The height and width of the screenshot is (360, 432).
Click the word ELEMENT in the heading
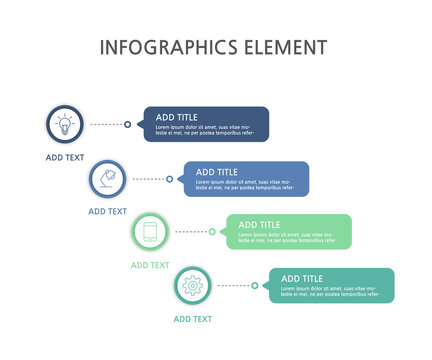(x=283, y=47)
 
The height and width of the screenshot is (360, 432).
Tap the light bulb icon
(x=65, y=125)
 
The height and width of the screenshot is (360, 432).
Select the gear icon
(x=192, y=286)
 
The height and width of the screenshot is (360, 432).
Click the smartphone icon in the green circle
(x=150, y=232)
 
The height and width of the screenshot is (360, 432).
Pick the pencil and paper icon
(x=107, y=179)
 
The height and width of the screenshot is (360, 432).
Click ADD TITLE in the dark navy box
(x=176, y=117)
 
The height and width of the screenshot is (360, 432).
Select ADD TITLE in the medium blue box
(x=217, y=172)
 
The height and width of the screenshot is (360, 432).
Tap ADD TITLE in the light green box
(x=259, y=225)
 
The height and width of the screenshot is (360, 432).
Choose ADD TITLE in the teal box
(x=302, y=278)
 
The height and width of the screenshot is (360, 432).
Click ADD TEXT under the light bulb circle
(x=65, y=158)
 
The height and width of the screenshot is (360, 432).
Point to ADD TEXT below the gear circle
(x=192, y=319)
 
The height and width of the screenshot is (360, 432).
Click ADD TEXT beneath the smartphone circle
(x=150, y=265)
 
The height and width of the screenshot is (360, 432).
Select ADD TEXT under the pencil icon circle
(x=107, y=212)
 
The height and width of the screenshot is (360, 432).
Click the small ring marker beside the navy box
(x=127, y=125)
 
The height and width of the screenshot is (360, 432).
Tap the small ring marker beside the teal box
(x=255, y=286)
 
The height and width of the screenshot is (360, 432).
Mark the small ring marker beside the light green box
(x=212, y=232)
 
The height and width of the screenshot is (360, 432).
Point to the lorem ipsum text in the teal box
(x=330, y=291)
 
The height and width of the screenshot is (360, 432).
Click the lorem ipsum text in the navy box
(x=204, y=130)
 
